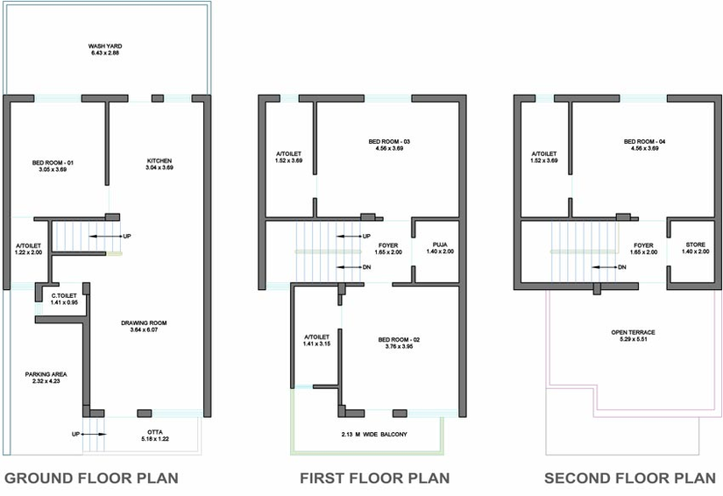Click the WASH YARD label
105,46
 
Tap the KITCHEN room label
159,161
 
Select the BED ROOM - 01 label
53,163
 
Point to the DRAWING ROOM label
144,323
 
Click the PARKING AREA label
46,374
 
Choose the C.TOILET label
64,296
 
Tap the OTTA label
155,432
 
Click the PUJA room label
440,244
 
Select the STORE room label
695,244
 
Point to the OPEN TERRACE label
633,332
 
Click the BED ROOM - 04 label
645,141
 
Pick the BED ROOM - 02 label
400,340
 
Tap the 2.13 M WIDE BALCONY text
374,435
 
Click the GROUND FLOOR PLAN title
91,478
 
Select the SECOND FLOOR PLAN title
630,478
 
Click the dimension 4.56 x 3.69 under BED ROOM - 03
389,148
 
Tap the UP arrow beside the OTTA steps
95,435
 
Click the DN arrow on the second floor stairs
605,267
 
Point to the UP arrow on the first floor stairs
349,237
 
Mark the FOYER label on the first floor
388,245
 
